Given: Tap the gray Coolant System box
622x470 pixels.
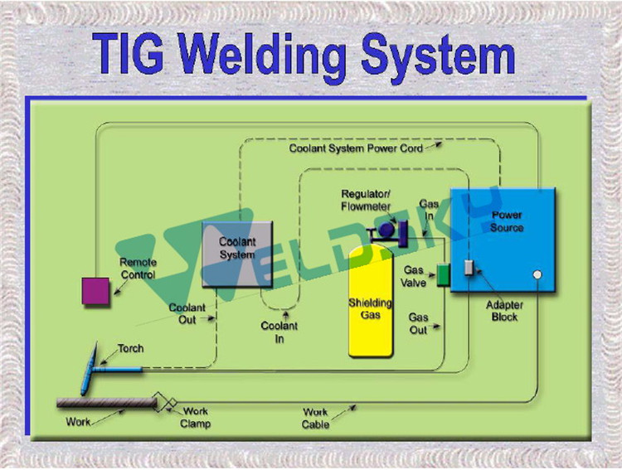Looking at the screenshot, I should tap(239, 254).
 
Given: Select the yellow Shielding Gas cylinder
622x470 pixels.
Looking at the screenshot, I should tap(370, 302).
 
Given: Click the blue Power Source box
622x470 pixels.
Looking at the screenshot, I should tap(501, 240).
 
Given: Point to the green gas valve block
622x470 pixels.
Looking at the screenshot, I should tap(443, 274).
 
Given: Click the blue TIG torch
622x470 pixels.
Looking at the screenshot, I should tap(95, 372).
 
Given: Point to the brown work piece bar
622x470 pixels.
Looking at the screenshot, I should tap(106, 403).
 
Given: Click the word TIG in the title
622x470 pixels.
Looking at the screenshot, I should tap(131, 51).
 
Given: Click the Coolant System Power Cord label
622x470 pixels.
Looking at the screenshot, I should tap(356, 148).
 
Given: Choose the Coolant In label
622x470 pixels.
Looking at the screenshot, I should tap(279, 332).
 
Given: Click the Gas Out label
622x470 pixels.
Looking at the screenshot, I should tap(419, 323).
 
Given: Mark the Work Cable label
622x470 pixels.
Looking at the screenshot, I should tap(315, 418).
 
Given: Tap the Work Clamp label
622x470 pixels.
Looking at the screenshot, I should tap(197, 418).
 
